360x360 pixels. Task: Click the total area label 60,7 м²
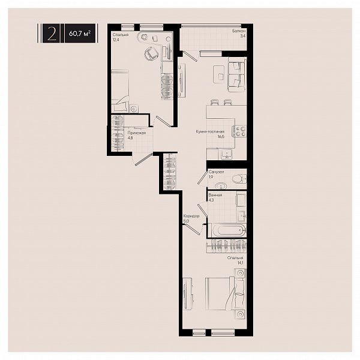(x=80, y=34)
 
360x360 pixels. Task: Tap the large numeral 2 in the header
(x=52, y=34)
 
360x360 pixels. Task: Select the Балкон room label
(x=239, y=31)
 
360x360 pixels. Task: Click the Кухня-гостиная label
(x=210, y=131)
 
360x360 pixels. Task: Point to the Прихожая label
(x=137, y=133)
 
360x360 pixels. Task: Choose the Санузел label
(x=216, y=172)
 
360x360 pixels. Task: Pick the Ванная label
(x=215, y=195)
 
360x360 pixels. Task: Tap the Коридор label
(x=191, y=216)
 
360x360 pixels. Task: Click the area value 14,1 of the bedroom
(x=240, y=263)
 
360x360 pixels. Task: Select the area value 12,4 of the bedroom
(x=116, y=40)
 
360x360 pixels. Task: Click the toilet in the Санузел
(x=239, y=179)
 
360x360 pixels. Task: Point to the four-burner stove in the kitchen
(x=241, y=131)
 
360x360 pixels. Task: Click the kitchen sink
(x=227, y=154)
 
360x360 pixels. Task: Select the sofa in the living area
(x=237, y=74)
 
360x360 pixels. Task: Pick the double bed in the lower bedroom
(x=226, y=293)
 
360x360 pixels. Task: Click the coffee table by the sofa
(x=219, y=74)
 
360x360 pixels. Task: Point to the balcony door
(x=190, y=56)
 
